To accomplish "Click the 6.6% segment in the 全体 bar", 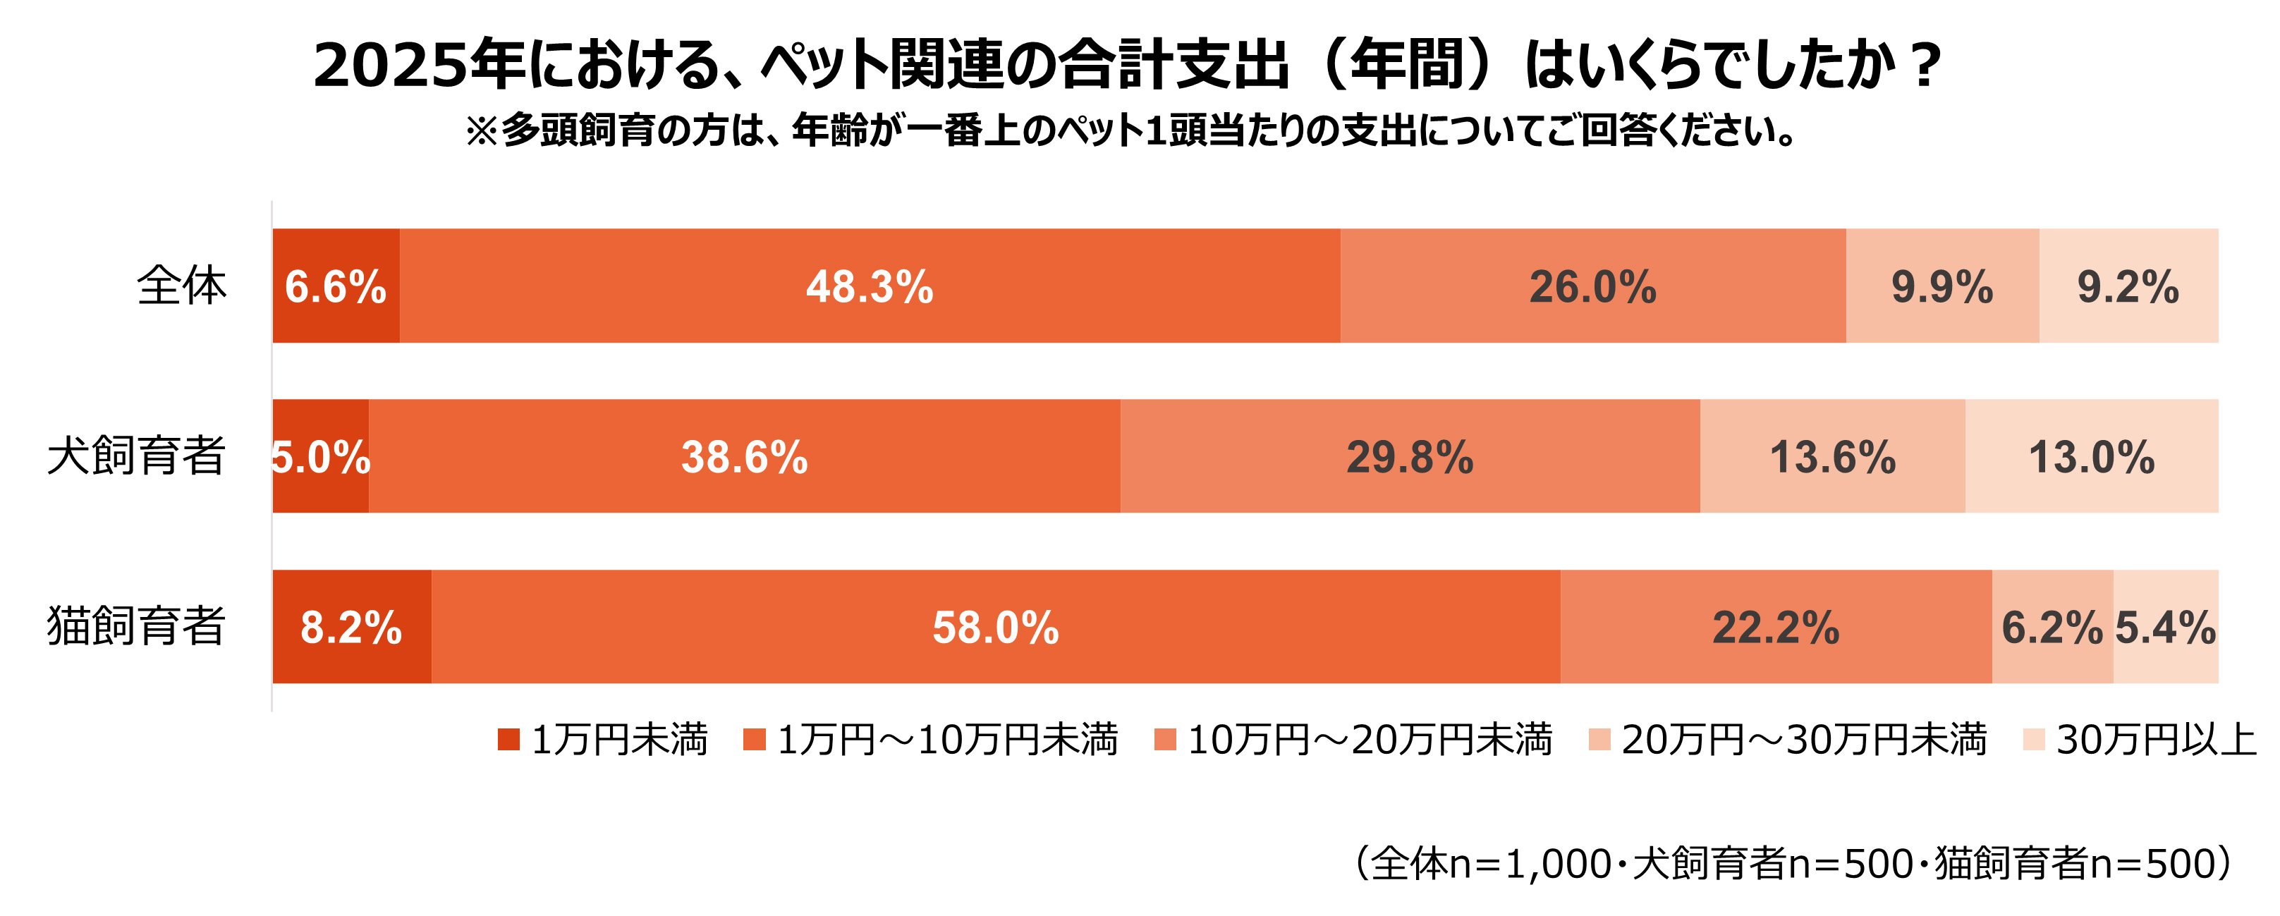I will pyautogui.click(x=336, y=286).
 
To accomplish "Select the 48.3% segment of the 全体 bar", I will pyautogui.click(x=869, y=286).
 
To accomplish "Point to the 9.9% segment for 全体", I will pyautogui.click(x=1942, y=286).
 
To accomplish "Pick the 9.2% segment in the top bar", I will pyautogui.click(x=2128, y=286).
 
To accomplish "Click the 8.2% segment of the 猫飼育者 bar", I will pyautogui.click(x=351, y=627).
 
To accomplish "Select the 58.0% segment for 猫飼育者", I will pyautogui.click(x=995, y=627).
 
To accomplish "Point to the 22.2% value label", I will pyautogui.click(x=1776, y=628).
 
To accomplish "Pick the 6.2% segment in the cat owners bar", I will pyautogui.click(x=2052, y=627).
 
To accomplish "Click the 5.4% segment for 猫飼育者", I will pyautogui.click(x=2165, y=627).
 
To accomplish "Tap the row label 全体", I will pyautogui.click(x=181, y=286).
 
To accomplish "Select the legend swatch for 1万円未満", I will pyautogui.click(x=508, y=740).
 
